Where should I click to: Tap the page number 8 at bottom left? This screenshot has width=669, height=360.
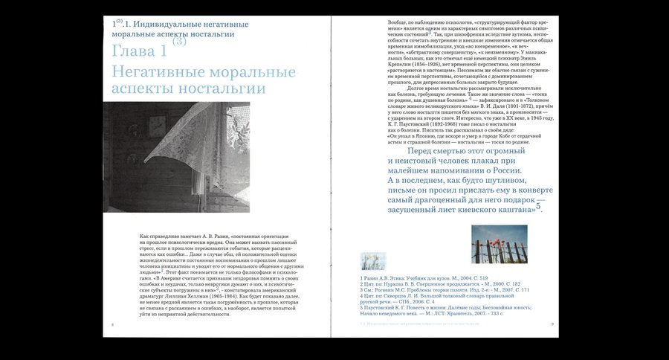pyautogui.click(x=112, y=325)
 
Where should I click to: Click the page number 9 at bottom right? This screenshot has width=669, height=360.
pyautogui.click(x=552, y=324)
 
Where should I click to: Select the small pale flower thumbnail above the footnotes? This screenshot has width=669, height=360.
pyautogui.click(x=372, y=260)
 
